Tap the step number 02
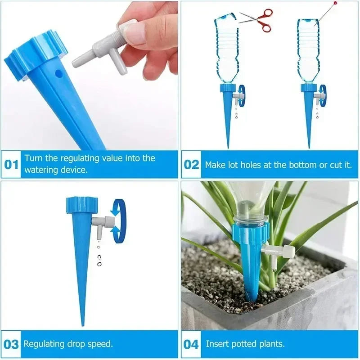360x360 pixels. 191,164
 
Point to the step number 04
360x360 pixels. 191,344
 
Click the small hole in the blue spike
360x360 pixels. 56,72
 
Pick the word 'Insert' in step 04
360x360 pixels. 217,344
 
